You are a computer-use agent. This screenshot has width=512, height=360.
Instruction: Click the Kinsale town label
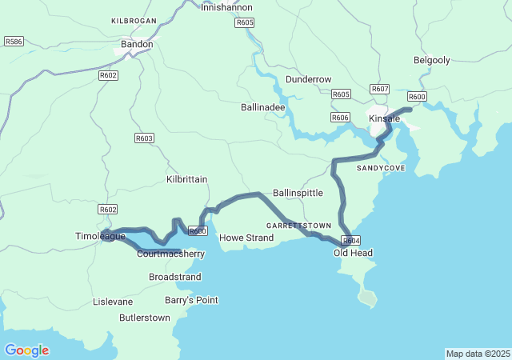pyautogui.click(x=383, y=118)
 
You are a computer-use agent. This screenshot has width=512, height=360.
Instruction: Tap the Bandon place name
pyautogui.click(x=136, y=45)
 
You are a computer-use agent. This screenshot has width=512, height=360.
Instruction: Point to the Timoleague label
pyautogui.click(x=100, y=237)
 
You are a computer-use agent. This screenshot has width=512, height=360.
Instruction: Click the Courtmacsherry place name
pyautogui.click(x=171, y=254)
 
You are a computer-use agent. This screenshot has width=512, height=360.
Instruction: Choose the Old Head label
pyautogui.click(x=353, y=253)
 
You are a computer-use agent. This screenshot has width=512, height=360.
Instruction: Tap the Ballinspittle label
pyautogui.click(x=298, y=193)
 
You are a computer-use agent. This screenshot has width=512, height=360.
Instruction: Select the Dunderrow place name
pyautogui.click(x=308, y=79)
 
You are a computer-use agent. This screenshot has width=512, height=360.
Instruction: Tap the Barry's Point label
pyautogui.click(x=191, y=300)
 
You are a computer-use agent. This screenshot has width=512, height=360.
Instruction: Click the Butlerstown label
pyautogui.click(x=144, y=318)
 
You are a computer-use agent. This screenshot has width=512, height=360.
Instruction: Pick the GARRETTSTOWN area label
pyautogui.click(x=298, y=226)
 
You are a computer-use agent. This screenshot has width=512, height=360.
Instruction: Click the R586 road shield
pyautogui.click(x=14, y=41)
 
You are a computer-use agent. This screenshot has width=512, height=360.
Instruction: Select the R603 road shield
pyautogui.click(x=144, y=138)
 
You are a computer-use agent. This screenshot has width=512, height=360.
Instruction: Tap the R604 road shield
pyautogui.click(x=351, y=240)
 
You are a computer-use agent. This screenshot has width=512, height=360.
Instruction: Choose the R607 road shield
pyautogui.click(x=380, y=89)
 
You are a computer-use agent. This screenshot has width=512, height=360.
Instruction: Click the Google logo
pyautogui.click(x=26, y=350)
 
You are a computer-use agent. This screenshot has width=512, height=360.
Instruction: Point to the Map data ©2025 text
pyautogui.click(x=477, y=354)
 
